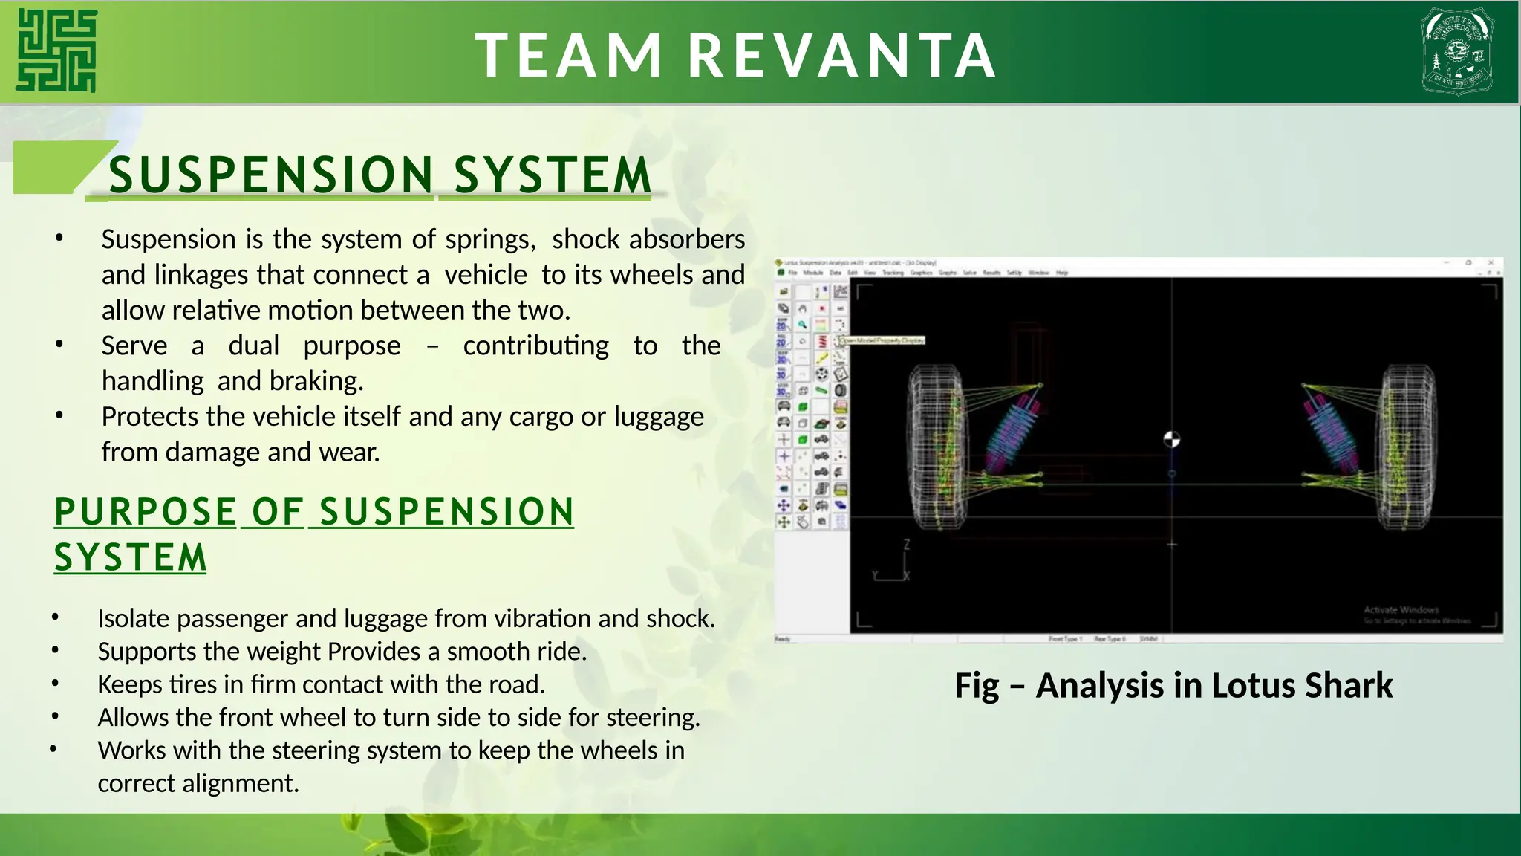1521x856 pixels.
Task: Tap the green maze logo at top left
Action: [x=57, y=51]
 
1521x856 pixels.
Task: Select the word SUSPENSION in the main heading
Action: [x=271, y=175]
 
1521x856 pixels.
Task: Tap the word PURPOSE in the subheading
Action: [x=146, y=512]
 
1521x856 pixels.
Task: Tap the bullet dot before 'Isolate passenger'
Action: [x=56, y=617]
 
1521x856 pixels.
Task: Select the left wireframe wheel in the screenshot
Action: [x=937, y=447]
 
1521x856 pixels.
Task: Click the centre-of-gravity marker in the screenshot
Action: [x=1171, y=439]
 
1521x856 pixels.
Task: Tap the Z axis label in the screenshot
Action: [x=906, y=545]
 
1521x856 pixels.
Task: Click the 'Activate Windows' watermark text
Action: [x=1401, y=609]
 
